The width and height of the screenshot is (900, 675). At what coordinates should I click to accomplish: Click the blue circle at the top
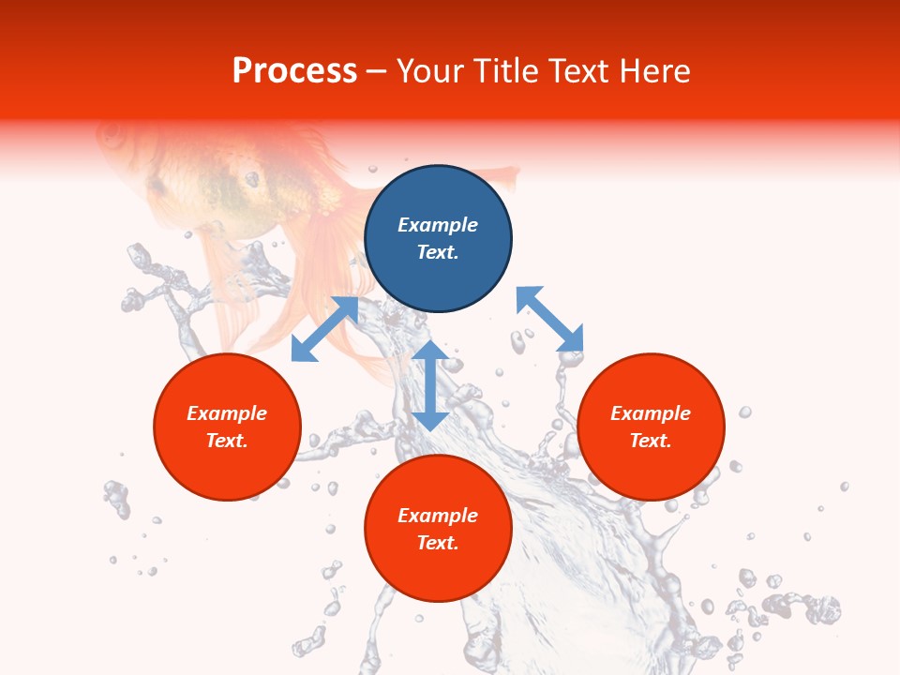coord(438,239)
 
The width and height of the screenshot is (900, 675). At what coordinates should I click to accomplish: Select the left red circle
coord(227,427)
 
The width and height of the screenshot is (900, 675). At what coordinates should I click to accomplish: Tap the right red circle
coord(651,427)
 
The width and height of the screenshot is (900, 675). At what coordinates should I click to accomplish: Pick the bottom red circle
coord(438,529)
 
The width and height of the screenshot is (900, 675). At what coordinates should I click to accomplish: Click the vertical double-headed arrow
coord(430,385)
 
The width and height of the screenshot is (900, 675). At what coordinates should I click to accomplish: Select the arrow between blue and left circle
coord(324,329)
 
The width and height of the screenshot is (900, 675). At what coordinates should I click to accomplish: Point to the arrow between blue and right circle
coord(549,320)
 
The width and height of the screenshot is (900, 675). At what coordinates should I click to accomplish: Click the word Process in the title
coord(294,70)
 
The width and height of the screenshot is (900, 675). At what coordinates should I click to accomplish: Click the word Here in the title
coord(655,70)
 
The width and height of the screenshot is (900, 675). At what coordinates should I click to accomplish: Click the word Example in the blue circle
coord(438,225)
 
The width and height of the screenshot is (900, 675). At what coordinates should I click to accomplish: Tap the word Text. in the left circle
coord(227,441)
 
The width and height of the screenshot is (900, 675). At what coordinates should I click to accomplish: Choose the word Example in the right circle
coord(651,413)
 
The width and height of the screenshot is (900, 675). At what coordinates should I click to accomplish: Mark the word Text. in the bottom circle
coord(438,543)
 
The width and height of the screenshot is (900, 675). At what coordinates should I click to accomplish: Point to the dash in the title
coord(377,71)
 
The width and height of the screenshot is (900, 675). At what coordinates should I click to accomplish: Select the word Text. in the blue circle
coord(438,252)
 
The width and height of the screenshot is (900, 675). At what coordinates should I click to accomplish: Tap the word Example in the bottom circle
coord(438,516)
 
